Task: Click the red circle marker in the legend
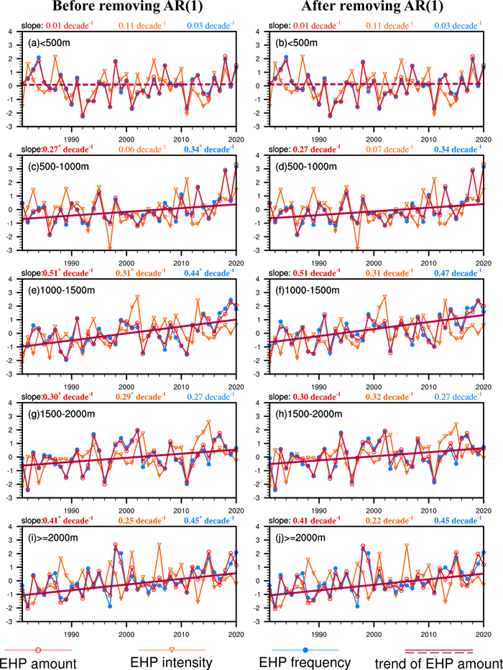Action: tap(38, 650)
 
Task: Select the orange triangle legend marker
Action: tap(172, 650)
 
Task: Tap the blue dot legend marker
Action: tap(305, 650)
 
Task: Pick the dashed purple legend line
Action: tap(439, 651)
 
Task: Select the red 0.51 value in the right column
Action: tap(299, 273)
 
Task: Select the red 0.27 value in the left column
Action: tap(52, 150)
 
